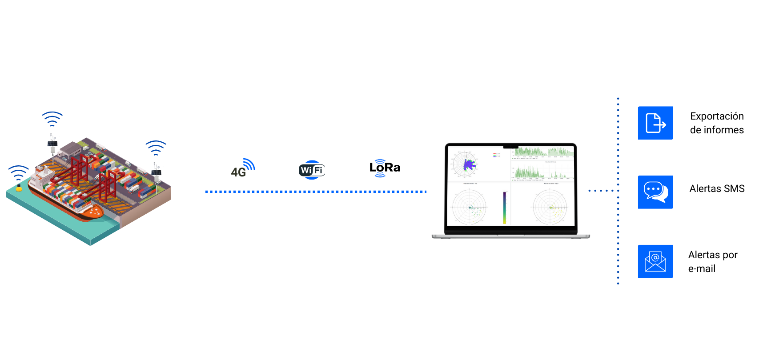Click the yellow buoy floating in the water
(x=19, y=188)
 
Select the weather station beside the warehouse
(x=52, y=144)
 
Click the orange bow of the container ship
(x=94, y=213)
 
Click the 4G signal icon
(x=243, y=168)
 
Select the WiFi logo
(x=312, y=170)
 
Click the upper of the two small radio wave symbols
(x=380, y=161)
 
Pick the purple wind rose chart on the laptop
(x=467, y=165)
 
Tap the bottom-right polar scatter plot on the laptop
(x=550, y=207)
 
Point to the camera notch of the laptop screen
(x=511, y=146)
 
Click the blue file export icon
(x=655, y=123)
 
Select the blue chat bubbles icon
(x=655, y=192)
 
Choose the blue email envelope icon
(x=655, y=261)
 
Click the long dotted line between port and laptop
(x=316, y=192)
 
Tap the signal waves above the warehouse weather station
(x=52, y=119)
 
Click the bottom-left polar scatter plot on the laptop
(x=470, y=207)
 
